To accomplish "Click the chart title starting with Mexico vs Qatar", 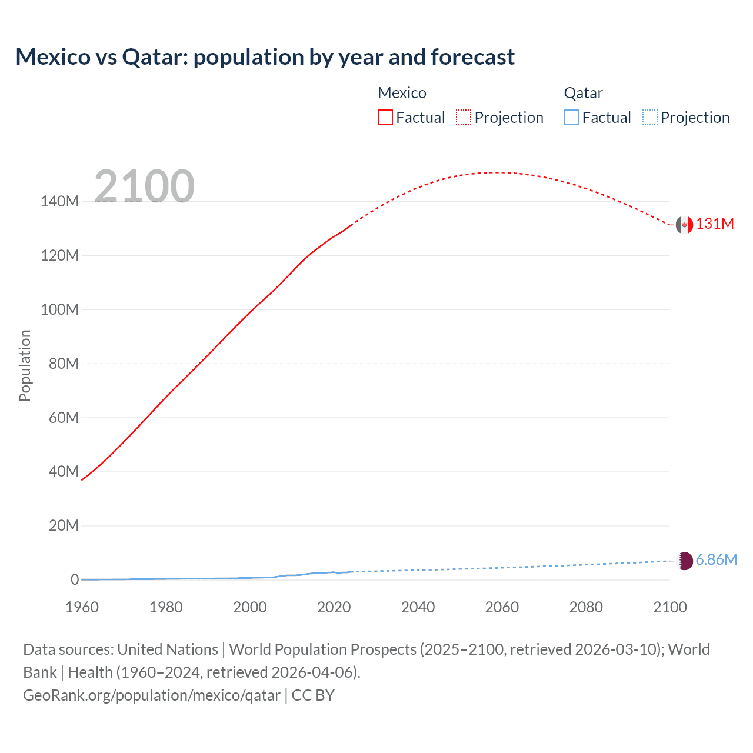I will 265,57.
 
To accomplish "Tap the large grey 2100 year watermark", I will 144,186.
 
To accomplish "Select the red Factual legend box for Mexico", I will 385,117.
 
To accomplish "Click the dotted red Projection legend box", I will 464,117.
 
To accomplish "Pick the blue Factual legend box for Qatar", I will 571,117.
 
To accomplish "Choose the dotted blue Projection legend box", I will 649,117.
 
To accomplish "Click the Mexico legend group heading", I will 402,93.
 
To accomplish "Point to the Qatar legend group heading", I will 583,93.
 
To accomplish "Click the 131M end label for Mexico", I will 715,224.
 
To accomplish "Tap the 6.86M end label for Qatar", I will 716,559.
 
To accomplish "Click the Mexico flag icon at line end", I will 684,225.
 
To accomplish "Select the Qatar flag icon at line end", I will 685,561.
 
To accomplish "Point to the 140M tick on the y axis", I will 59,201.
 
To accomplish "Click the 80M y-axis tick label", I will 63,364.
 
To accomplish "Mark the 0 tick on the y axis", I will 74,579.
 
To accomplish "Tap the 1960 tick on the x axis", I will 82,607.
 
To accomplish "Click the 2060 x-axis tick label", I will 502,607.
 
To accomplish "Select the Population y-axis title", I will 25,365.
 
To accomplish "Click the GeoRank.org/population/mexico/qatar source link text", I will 152,695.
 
